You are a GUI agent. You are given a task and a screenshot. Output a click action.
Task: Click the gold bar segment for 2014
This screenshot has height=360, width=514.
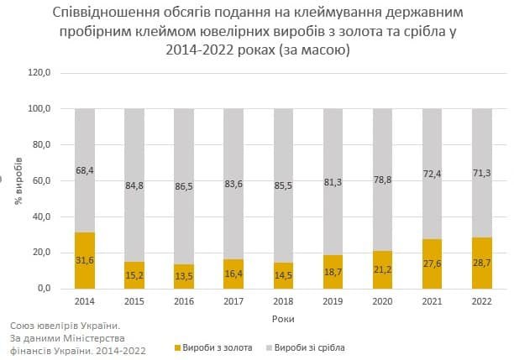(x=85, y=260)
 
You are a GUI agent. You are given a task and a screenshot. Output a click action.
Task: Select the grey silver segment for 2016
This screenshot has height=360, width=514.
(x=184, y=186)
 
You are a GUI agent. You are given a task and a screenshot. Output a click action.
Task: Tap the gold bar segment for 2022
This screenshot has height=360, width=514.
(x=482, y=263)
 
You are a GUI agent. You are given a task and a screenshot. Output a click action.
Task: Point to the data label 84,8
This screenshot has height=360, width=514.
(x=134, y=185)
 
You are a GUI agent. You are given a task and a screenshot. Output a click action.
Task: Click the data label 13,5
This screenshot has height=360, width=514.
(x=184, y=276)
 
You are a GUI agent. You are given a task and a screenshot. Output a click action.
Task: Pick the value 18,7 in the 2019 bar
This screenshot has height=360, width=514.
(x=333, y=272)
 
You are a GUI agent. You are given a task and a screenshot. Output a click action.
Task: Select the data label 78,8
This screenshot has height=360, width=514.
(x=382, y=180)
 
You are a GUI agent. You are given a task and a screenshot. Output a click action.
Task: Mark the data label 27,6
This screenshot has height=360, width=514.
(x=432, y=263)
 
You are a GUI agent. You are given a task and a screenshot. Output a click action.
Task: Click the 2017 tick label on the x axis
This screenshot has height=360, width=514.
(x=233, y=301)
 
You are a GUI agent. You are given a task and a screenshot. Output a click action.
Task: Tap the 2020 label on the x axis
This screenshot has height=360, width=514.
(x=382, y=301)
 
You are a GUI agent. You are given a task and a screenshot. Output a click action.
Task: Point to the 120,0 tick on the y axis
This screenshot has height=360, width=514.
(x=39, y=72)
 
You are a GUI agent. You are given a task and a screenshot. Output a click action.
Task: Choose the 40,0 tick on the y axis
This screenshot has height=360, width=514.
(x=42, y=217)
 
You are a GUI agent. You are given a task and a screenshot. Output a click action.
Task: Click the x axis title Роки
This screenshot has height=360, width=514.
(x=283, y=319)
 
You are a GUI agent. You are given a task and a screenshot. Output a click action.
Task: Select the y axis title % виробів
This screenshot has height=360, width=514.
(x=18, y=181)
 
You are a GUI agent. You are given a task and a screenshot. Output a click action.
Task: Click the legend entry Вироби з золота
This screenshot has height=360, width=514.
(x=213, y=347)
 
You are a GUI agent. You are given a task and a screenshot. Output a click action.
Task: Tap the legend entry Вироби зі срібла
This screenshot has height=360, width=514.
(x=306, y=347)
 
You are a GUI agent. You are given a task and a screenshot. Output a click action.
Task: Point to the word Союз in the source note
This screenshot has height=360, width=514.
(x=22, y=326)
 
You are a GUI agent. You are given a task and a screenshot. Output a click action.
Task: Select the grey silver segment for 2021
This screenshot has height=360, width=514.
(x=432, y=174)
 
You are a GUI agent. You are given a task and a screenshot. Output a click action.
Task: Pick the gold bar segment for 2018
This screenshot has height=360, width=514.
(x=283, y=276)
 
